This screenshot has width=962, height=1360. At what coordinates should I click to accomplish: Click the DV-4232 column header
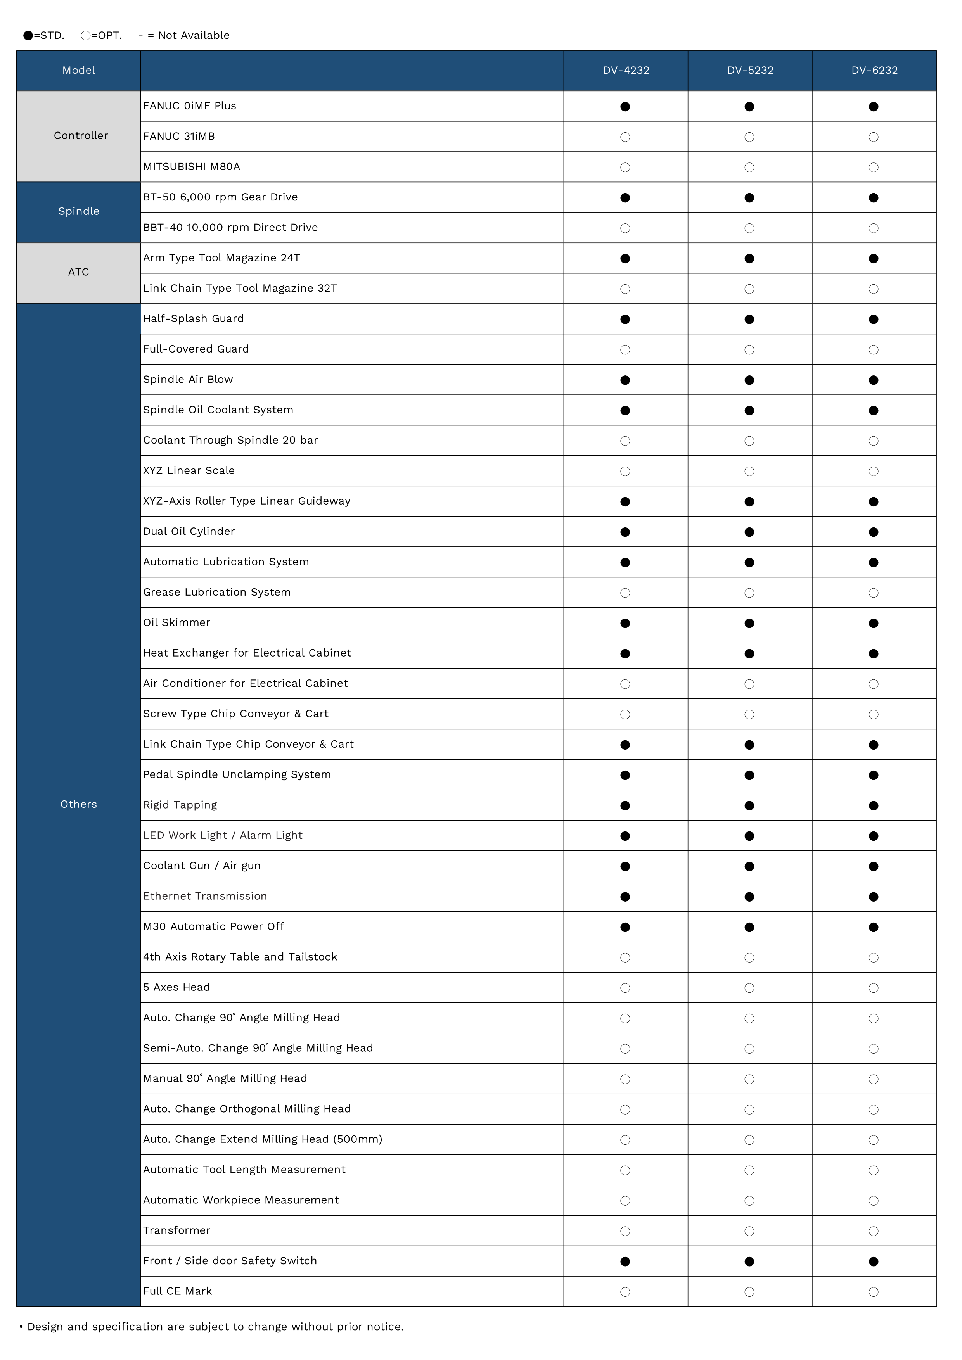(626, 71)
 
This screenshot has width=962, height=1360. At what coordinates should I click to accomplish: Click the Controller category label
(81, 136)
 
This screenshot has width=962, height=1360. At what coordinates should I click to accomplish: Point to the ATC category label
(78, 272)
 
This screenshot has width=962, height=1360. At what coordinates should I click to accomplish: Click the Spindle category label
(79, 211)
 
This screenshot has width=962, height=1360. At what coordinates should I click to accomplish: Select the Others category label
(78, 804)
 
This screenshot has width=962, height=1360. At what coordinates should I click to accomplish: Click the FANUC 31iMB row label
(179, 136)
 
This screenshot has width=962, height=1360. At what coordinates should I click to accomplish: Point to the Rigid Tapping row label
(180, 805)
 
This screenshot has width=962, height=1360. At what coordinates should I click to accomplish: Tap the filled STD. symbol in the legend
(28, 36)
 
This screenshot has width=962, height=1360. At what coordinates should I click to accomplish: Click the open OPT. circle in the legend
(85, 36)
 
